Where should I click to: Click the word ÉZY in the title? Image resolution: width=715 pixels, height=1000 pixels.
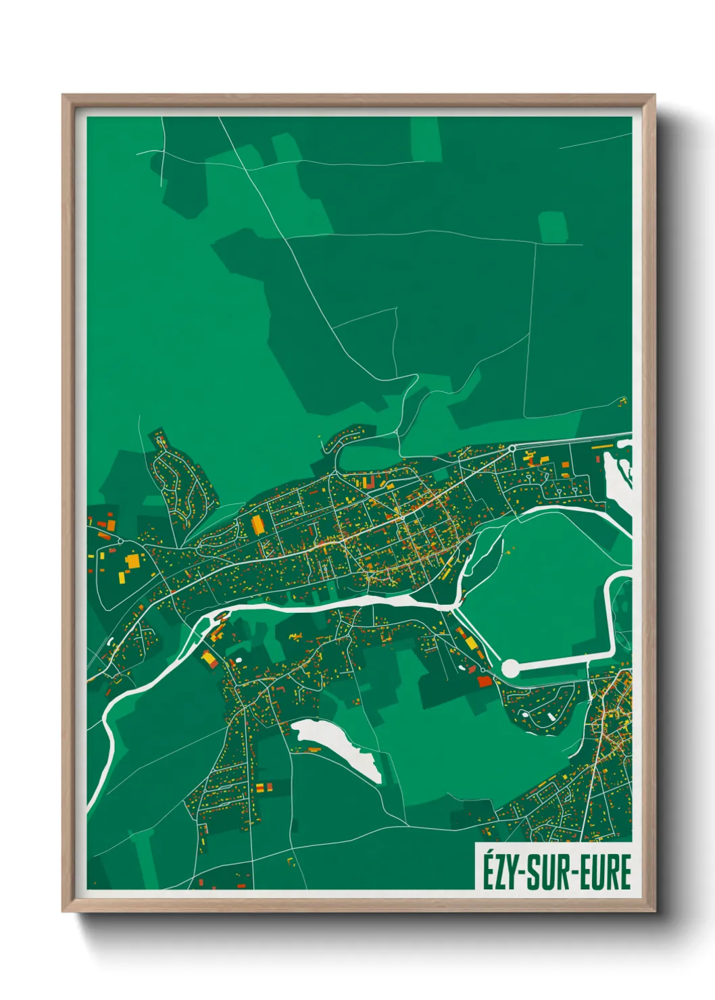coord(498,872)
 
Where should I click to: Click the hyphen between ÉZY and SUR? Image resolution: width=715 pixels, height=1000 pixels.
coord(520,874)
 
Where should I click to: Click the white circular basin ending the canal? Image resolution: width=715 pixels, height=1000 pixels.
coord(511,668)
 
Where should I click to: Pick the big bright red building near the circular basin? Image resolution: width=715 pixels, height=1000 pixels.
coord(485,681)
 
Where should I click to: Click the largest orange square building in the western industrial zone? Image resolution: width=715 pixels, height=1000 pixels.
coord(133,561)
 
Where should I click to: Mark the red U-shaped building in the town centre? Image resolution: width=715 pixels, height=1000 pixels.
coord(368,482)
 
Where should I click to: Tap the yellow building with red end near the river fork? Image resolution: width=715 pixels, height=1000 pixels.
coord(209,658)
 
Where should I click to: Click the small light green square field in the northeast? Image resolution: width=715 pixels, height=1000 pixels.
coord(553,227)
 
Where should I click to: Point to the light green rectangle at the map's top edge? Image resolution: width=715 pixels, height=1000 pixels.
coord(426,139)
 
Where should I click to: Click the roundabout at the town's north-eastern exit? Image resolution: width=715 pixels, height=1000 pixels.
coord(512,448)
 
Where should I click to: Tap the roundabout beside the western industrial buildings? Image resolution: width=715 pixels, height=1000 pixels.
coord(120,541)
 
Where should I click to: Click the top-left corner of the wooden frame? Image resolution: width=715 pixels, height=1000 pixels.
coord(63,95)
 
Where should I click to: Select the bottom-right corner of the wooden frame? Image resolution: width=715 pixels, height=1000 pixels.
coord(654,911)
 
